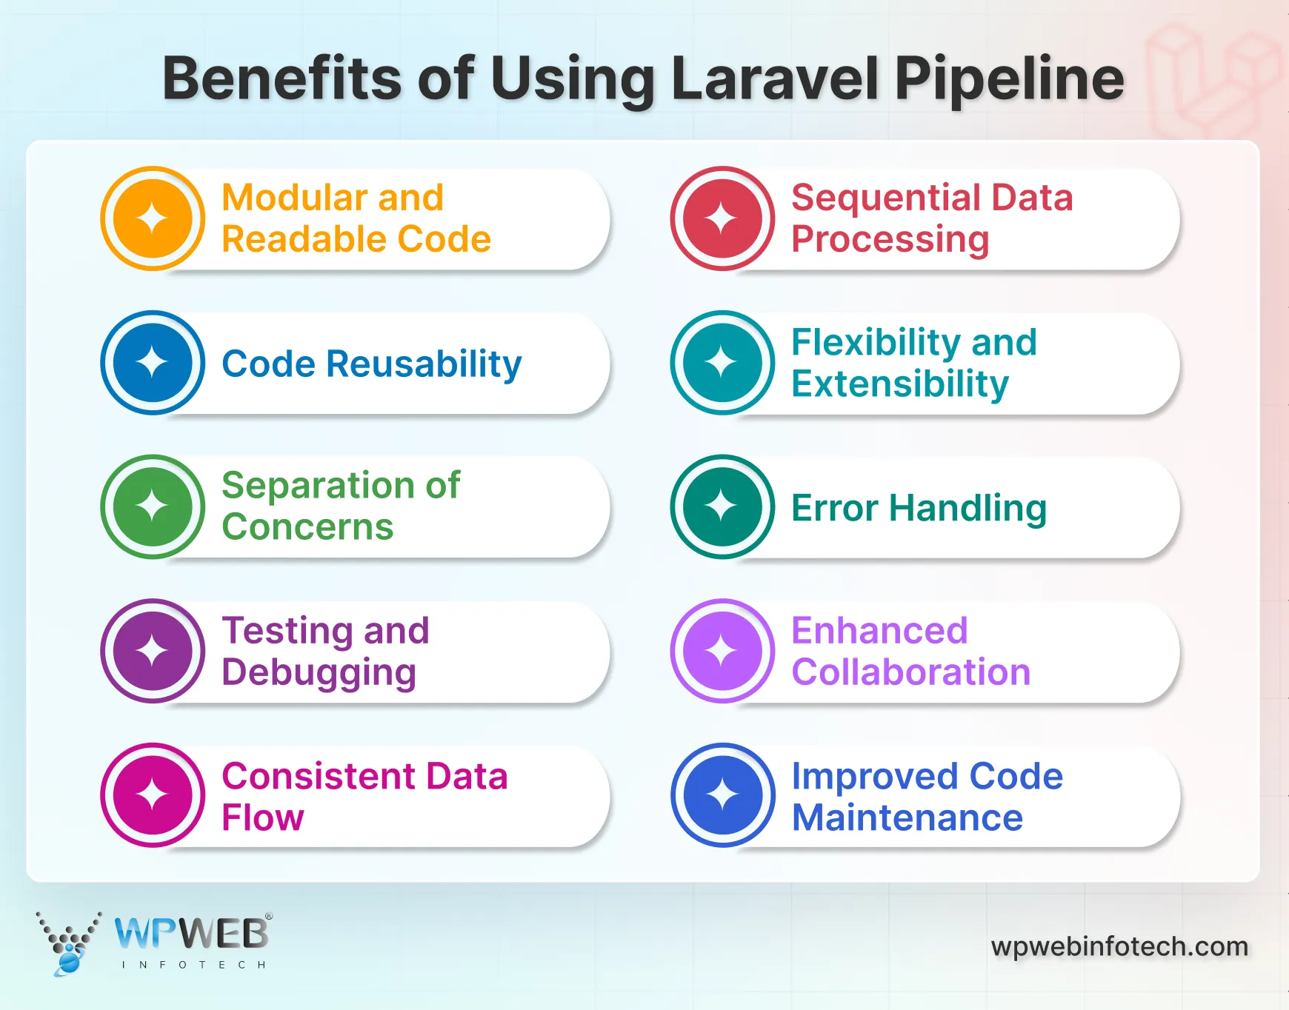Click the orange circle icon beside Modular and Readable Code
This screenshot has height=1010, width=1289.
pyautogui.click(x=153, y=218)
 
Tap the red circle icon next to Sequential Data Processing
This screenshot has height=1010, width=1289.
pyautogui.click(x=722, y=218)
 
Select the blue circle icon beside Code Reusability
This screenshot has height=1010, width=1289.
pyautogui.click(x=153, y=363)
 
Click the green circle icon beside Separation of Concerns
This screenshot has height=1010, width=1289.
pyautogui.click(x=153, y=506)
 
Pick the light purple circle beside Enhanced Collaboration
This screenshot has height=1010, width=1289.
pyautogui.click(x=722, y=651)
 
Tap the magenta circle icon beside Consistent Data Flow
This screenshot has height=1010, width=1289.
pyautogui.click(x=153, y=795)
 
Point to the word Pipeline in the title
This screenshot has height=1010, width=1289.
pyautogui.click(x=1009, y=80)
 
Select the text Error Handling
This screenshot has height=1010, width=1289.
pyautogui.click(x=919, y=508)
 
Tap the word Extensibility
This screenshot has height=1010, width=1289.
pyautogui.click(x=899, y=384)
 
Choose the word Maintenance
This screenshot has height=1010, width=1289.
pyautogui.click(x=907, y=818)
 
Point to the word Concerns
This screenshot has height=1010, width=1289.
pyautogui.click(x=307, y=527)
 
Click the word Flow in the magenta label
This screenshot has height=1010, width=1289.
pyautogui.click(x=263, y=818)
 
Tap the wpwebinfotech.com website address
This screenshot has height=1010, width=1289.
pyautogui.click(x=1119, y=946)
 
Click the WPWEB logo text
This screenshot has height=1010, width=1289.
pyautogui.click(x=191, y=933)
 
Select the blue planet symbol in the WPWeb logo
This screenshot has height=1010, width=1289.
pyautogui.click(x=69, y=962)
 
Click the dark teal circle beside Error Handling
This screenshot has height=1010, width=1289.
pyautogui.click(x=722, y=506)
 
